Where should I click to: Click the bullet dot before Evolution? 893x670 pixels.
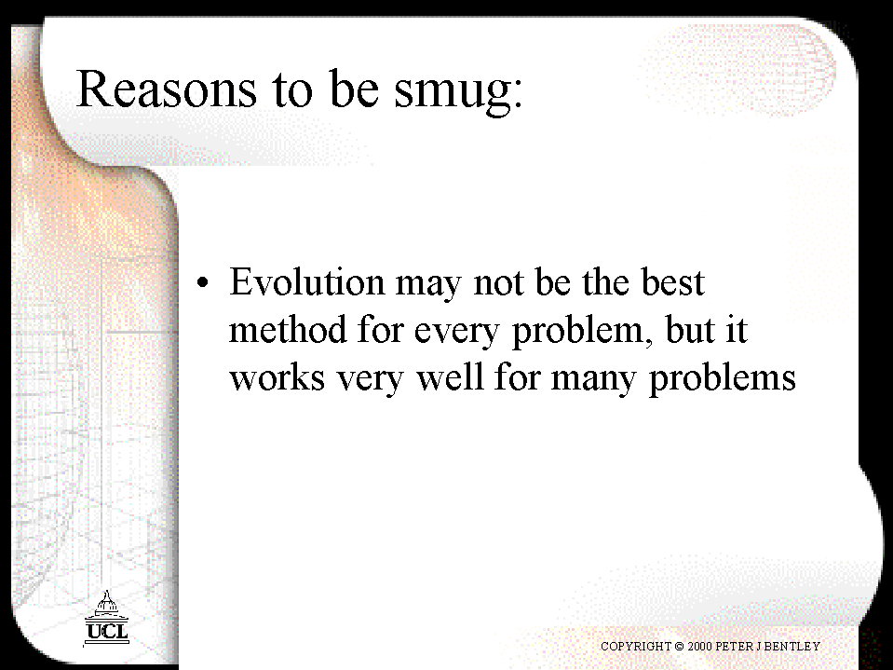click(x=203, y=282)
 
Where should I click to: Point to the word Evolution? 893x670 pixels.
click(x=307, y=281)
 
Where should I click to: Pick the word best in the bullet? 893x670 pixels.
click(x=672, y=281)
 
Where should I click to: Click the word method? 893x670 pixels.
click(x=288, y=329)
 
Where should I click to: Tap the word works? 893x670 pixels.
click(x=277, y=377)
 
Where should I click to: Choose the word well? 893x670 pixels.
click(x=450, y=377)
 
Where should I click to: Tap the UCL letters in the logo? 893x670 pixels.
click(x=107, y=631)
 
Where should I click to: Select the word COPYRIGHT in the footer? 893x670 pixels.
click(x=636, y=646)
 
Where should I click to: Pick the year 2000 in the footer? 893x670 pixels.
click(x=699, y=646)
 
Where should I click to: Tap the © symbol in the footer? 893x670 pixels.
click(x=679, y=647)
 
